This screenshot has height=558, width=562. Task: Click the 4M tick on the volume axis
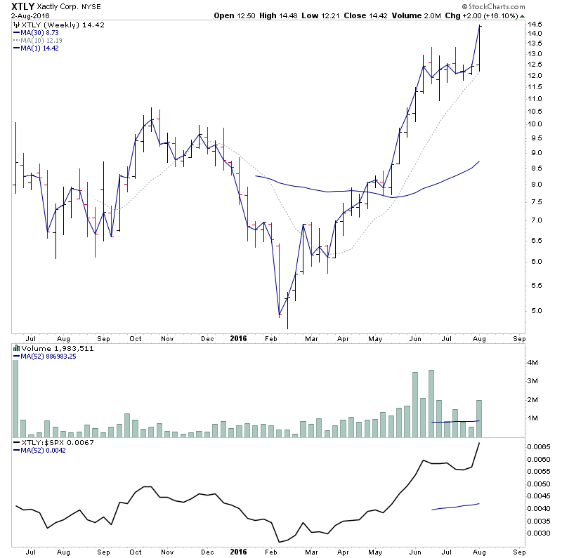(x=533, y=363)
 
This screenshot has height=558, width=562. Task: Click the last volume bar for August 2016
(x=480, y=418)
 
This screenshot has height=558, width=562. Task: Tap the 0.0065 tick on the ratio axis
(x=539, y=446)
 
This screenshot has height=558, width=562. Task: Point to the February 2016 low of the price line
(x=279, y=314)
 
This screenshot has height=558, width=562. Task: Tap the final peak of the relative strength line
(x=480, y=444)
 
